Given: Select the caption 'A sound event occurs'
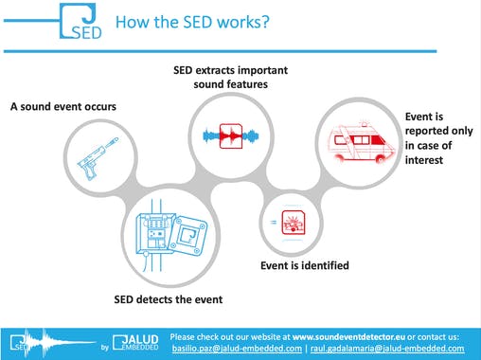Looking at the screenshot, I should tap(63, 106).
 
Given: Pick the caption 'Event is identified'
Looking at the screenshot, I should tap(305, 265).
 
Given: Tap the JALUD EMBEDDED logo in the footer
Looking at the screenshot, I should tap(136, 342).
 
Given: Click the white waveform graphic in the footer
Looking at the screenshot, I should tap(62, 342).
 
